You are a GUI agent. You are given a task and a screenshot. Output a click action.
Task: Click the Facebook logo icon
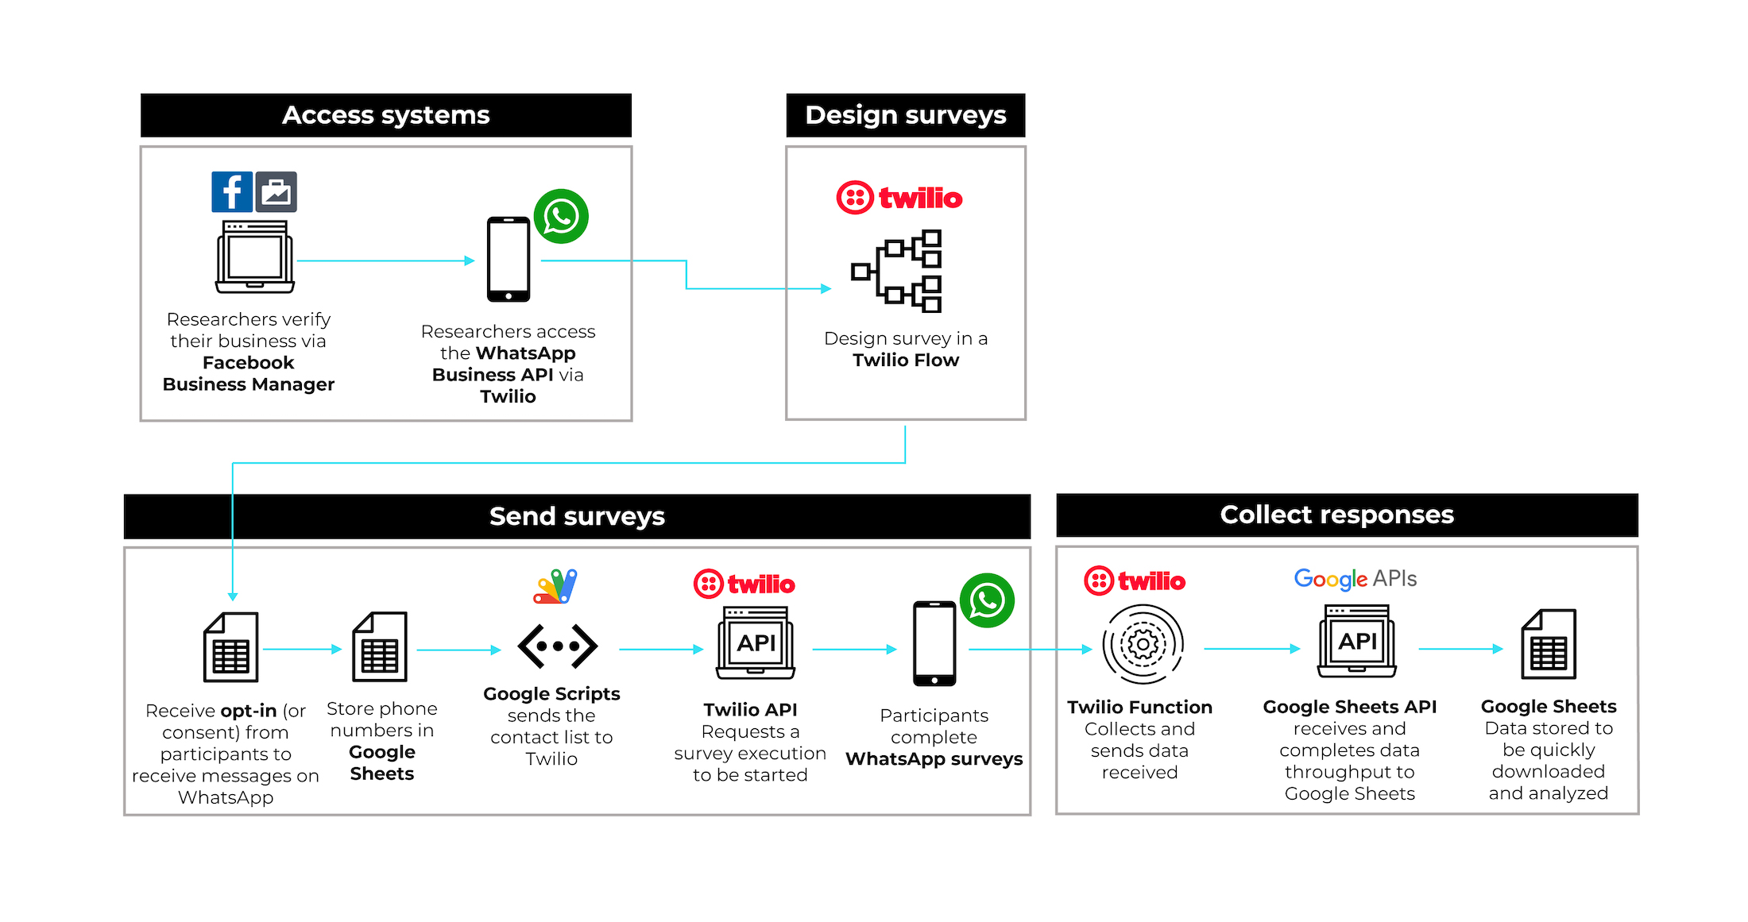(x=231, y=191)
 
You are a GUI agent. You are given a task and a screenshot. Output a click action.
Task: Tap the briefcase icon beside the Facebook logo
(x=277, y=191)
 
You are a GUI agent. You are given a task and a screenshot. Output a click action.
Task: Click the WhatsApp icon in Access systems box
(x=561, y=216)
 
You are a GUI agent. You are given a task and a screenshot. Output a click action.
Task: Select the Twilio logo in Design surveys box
(x=899, y=198)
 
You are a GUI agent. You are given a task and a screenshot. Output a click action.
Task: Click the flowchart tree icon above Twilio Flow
(x=897, y=271)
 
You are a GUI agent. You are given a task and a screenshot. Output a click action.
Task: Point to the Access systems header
(x=386, y=115)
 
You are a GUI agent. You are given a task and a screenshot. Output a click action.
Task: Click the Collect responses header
(x=1336, y=515)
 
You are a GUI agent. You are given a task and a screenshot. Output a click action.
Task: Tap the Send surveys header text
(x=577, y=516)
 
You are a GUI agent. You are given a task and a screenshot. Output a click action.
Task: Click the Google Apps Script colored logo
(x=555, y=587)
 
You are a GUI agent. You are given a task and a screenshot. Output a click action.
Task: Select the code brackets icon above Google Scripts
(x=557, y=646)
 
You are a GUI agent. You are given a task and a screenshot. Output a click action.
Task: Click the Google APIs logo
(x=1355, y=579)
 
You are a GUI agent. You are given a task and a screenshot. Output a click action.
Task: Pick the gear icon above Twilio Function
(x=1143, y=644)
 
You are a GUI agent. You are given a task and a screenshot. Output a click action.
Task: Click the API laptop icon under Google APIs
(x=1357, y=641)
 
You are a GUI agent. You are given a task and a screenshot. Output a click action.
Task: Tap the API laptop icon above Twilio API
(x=756, y=642)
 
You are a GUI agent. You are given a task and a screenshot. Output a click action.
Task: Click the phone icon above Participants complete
(x=934, y=643)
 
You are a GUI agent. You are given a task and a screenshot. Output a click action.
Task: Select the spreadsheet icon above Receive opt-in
(x=230, y=647)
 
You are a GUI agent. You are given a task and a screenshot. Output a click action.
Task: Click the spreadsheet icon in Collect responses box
(x=1548, y=644)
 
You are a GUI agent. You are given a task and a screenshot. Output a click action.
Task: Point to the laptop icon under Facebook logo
(x=254, y=257)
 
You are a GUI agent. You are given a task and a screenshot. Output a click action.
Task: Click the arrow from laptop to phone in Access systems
(x=385, y=260)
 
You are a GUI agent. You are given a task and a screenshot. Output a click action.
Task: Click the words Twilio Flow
(x=906, y=361)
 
